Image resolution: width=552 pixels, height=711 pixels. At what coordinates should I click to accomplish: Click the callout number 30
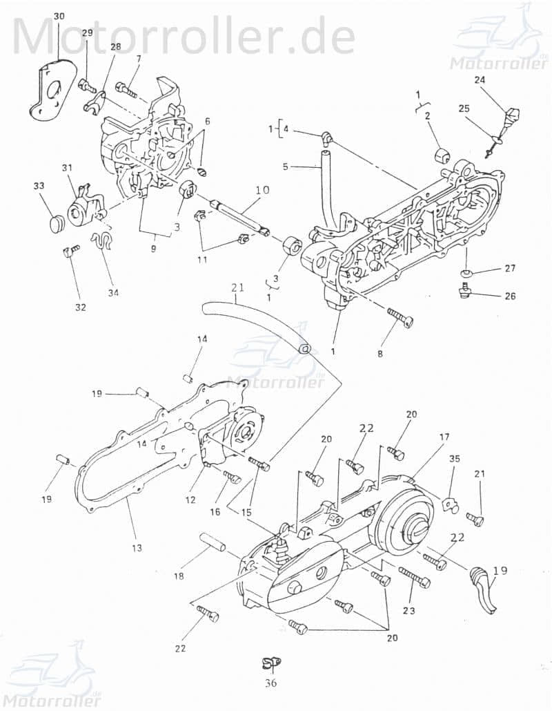click(x=59, y=16)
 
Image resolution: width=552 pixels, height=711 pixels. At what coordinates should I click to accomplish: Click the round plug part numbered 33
click(x=56, y=224)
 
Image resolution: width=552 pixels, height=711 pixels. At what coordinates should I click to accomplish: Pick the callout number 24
click(x=480, y=80)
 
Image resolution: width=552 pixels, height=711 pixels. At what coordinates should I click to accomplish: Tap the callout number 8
click(x=379, y=354)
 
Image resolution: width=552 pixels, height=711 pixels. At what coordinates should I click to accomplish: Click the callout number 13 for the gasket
click(x=137, y=548)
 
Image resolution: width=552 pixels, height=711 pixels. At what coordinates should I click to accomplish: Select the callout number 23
click(x=408, y=611)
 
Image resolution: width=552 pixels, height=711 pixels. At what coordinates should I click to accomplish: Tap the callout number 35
click(x=454, y=459)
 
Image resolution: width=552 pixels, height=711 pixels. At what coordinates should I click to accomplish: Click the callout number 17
click(x=444, y=437)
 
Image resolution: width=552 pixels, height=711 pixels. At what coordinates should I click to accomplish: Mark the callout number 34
click(x=113, y=292)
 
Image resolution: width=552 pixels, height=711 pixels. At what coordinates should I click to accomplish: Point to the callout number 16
click(x=215, y=512)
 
